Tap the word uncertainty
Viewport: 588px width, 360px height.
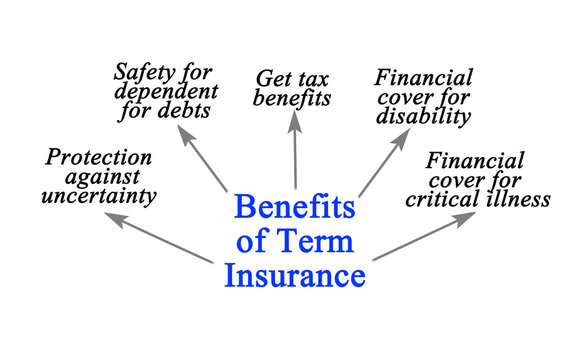tap(99, 196)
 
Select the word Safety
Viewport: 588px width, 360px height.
tap(145, 72)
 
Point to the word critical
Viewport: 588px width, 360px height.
tap(450, 199)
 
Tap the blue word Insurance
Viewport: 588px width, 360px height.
tap(294, 272)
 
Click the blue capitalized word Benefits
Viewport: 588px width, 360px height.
tap(294, 208)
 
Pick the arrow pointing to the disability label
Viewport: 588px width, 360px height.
tap(384, 161)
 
